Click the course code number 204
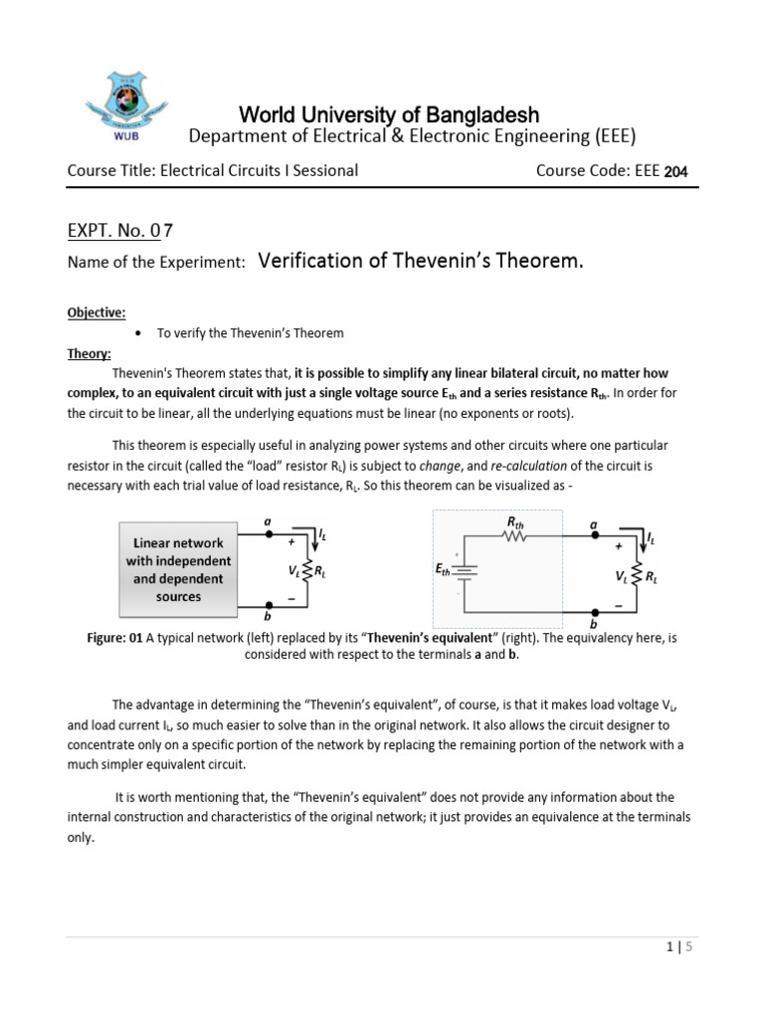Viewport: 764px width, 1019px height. (676, 172)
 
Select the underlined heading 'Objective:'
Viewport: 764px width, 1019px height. (95, 312)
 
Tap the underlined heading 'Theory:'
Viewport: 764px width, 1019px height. (89, 353)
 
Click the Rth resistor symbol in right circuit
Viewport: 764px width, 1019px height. (515, 535)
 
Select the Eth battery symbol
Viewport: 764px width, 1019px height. (466, 572)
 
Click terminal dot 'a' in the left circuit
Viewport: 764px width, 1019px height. (267, 534)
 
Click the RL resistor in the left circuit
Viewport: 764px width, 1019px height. (308, 572)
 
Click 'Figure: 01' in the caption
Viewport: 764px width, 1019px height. (114, 638)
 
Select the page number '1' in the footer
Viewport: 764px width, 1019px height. (669, 948)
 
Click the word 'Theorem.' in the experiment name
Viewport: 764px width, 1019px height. (537, 262)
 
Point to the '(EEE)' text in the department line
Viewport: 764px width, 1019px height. (610, 136)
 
